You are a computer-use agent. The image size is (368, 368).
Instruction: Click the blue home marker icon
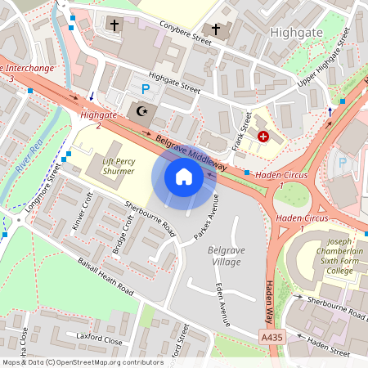point(184,177)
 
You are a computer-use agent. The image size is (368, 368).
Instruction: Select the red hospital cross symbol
point(263,137)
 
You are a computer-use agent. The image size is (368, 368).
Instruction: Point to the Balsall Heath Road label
point(103,278)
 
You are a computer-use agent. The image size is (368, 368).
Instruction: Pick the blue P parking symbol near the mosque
point(146,88)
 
